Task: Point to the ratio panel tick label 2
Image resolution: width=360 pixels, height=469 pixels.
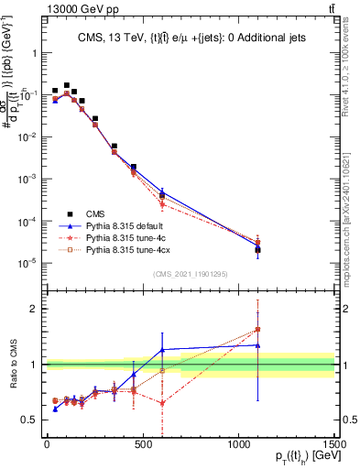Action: point(32,309)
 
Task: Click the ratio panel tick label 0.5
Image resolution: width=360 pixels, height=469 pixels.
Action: point(29,420)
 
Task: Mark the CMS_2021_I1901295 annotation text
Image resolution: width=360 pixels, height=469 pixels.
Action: point(191,275)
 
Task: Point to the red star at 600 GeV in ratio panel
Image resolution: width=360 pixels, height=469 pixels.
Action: point(162,402)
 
